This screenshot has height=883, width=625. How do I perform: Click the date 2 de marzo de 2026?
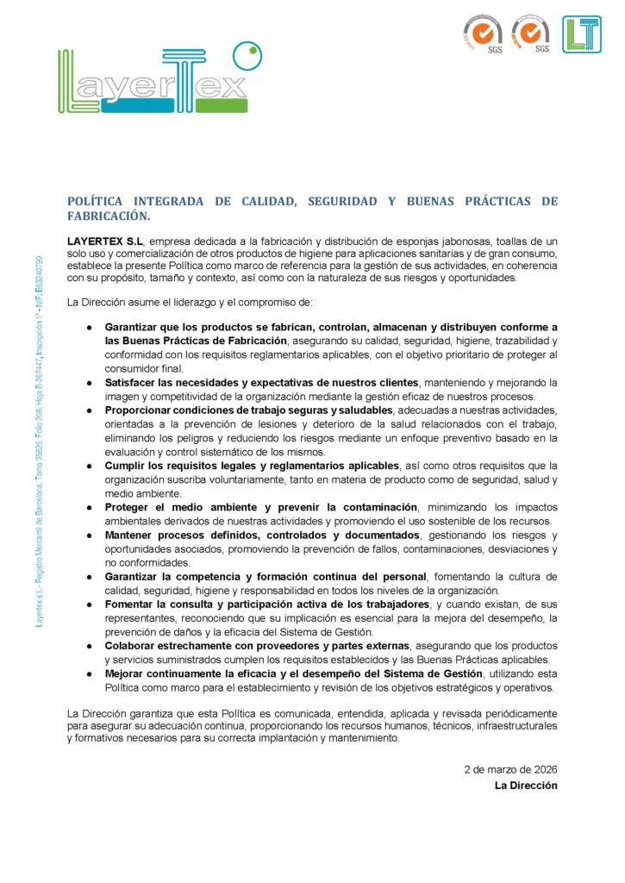tap(510, 768)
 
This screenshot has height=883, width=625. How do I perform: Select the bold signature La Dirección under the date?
tap(526, 786)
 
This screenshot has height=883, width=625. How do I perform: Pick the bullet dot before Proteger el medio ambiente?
tap(89, 507)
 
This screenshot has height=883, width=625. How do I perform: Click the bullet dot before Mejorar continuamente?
tap(89, 673)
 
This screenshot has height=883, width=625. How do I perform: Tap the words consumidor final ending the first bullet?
tap(143, 368)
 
